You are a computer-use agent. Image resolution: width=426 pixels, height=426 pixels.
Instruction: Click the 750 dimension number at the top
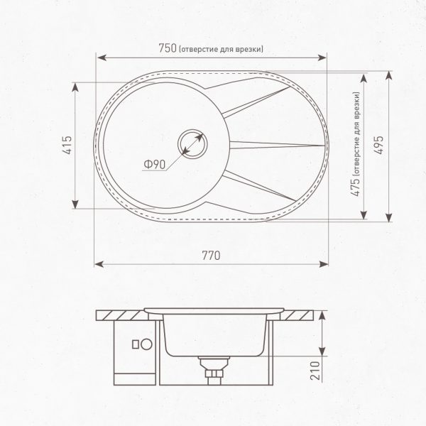tap(168, 48)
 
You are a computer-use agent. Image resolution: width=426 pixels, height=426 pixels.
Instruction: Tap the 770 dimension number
tap(211, 256)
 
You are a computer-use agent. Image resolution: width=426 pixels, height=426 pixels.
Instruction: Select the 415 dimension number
tap(67, 145)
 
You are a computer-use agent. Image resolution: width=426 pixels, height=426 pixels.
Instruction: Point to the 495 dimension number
tap(379, 145)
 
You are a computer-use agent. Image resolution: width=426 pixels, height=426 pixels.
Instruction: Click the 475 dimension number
tap(356, 187)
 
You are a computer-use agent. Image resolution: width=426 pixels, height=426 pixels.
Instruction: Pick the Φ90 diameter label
tap(155, 165)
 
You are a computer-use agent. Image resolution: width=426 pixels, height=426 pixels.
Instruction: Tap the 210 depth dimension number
tap(315, 371)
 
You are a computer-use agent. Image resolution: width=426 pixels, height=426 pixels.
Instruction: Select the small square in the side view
tap(136, 344)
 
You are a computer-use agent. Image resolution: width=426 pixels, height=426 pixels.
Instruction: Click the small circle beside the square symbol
tap(147, 344)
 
